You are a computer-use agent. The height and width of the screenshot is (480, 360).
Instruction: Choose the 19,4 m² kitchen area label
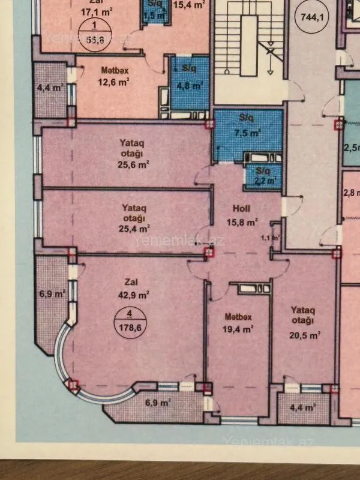click(x=238, y=329)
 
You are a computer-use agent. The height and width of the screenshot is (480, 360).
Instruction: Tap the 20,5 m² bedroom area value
click(x=305, y=335)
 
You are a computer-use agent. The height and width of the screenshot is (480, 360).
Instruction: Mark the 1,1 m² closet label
click(x=271, y=238)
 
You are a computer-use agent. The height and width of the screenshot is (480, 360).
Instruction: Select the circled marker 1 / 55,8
click(x=93, y=30)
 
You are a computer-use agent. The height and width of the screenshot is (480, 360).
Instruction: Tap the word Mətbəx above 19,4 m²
click(x=237, y=317)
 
